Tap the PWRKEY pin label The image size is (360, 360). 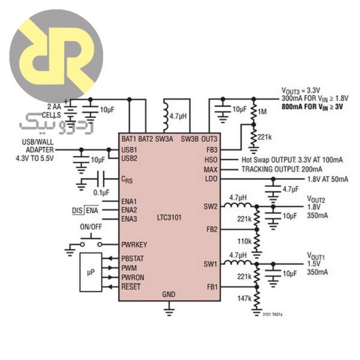[x=135, y=244]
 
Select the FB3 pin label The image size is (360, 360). [x=211, y=149]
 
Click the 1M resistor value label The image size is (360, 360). [x=262, y=112]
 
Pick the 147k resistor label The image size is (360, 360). [x=244, y=298]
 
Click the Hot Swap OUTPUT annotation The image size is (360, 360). [x=292, y=160]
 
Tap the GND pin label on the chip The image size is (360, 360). [x=169, y=295]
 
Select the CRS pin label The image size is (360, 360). [x=127, y=179]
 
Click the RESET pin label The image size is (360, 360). [x=131, y=287]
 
